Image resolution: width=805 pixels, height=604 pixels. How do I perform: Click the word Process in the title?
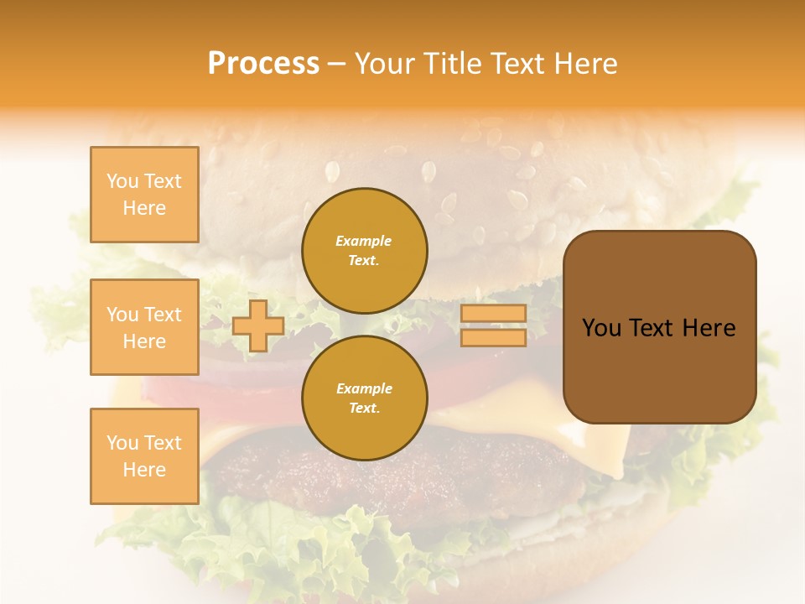(x=263, y=64)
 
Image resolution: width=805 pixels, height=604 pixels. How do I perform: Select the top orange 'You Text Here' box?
(x=144, y=195)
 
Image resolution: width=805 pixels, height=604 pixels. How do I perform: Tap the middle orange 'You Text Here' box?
(x=144, y=327)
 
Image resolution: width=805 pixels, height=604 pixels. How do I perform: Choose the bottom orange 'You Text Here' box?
(x=144, y=456)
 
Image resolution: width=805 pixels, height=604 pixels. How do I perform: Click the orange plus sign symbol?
(x=257, y=325)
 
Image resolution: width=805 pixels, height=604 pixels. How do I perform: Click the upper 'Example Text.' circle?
(x=365, y=251)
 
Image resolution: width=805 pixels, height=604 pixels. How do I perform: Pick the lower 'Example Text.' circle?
(x=365, y=398)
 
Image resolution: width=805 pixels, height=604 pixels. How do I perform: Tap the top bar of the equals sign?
(x=493, y=314)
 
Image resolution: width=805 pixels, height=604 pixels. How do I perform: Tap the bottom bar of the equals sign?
(x=493, y=337)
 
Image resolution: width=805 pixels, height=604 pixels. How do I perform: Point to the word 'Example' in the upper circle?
(x=364, y=241)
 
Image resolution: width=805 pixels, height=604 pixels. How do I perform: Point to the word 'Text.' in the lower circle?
(x=364, y=409)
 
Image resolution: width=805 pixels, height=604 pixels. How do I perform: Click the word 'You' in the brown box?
(x=601, y=328)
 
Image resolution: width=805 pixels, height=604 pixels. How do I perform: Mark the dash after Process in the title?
(x=336, y=65)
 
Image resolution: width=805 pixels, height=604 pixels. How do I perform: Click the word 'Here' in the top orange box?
(x=144, y=208)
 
